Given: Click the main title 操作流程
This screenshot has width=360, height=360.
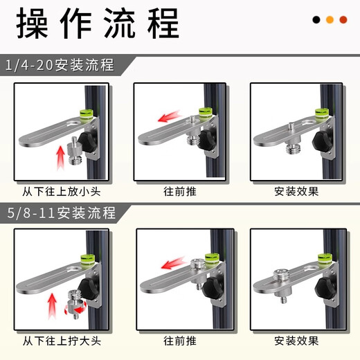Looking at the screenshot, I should click(98, 25).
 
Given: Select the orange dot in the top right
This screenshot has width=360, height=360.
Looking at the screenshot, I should click(330, 20).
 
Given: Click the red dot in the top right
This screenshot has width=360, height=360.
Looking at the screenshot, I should click(343, 20).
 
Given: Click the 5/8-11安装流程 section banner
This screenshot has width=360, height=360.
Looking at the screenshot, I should click(63, 211).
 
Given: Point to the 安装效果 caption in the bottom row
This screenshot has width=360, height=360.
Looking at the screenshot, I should click(296, 341).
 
